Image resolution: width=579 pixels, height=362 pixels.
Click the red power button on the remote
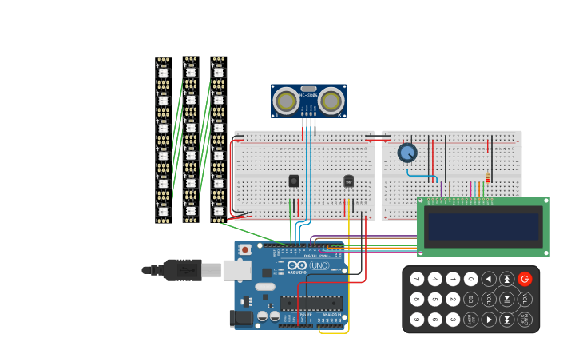click(x=525, y=279)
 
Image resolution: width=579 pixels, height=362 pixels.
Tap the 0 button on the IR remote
click(x=471, y=279)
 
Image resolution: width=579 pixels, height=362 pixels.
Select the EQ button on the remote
click(x=471, y=300)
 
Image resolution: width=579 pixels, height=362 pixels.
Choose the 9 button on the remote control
click(x=417, y=320)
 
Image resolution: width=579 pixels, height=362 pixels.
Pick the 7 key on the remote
click(x=417, y=279)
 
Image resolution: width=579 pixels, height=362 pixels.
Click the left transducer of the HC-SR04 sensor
click(x=286, y=101)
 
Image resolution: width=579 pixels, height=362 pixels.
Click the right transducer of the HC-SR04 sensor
click(x=331, y=101)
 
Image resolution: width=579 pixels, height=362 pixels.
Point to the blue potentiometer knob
click(x=407, y=152)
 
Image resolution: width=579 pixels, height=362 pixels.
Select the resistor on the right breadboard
click(x=487, y=178)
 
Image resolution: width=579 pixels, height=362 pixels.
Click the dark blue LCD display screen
click(x=483, y=226)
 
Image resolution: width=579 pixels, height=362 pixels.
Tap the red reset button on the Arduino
click(x=245, y=250)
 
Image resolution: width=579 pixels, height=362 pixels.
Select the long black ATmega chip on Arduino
click(x=311, y=302)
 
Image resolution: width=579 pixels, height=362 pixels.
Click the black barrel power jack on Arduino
click(x=241, y=318)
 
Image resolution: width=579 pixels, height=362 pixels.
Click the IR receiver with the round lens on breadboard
click(x=293, y=181)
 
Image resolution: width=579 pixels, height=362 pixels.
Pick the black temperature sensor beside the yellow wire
click(x=348, y=181)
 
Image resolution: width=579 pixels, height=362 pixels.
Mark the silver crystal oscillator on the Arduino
click(x=264, y=286)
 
